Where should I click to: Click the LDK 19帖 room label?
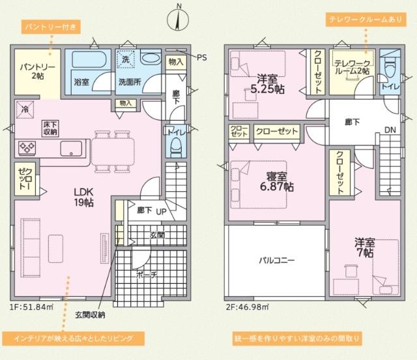[83, 197]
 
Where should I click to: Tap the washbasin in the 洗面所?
[150, 59]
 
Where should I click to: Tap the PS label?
[201, 57]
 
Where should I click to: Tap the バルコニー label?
[276, 260]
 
